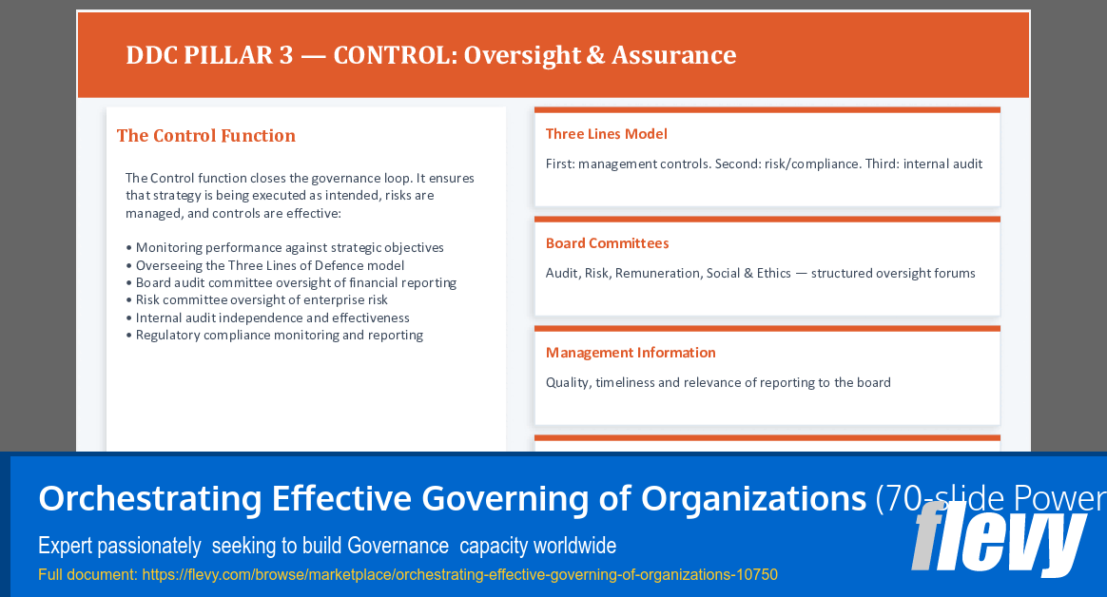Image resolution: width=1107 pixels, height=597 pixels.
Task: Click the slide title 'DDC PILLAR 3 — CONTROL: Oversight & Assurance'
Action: [x=430, y=55]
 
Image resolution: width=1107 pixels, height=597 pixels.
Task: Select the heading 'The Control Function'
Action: [x=205, y=136]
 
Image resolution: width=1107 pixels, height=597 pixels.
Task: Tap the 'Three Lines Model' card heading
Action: [x=606, y=134]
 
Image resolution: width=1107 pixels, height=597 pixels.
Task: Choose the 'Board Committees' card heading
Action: [x=607, y=243]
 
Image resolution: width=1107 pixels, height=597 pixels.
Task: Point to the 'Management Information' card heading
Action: [x=630, y=353]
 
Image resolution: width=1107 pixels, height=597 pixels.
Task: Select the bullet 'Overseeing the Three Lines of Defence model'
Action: [x=269, y=265]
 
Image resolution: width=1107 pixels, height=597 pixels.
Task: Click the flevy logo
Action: [x=999, y=540]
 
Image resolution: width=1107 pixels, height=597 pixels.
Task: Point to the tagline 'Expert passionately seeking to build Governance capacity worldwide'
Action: [x=326, y=546]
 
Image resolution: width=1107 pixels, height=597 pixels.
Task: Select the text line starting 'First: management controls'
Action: [x=763, y=164]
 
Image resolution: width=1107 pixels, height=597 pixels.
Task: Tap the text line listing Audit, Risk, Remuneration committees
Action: [x=760, y=273]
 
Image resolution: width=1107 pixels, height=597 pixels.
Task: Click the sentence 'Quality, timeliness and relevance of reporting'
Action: [x=717, y=382]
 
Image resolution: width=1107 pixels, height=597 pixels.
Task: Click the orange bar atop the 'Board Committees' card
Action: [x=767, y=220]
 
